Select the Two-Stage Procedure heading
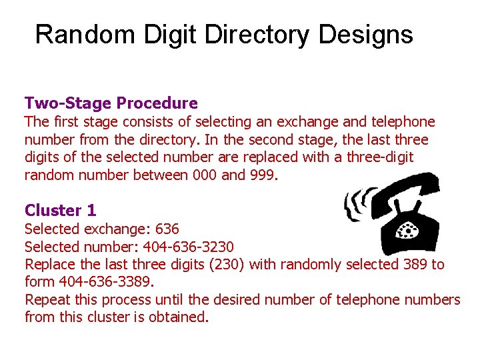click(111, 103)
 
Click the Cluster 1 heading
click(61, 211)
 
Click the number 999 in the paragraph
click(259, 175)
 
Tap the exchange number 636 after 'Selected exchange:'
click(166, 229)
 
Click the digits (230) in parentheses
click(227, 264)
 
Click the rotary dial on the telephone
click(407, 230)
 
